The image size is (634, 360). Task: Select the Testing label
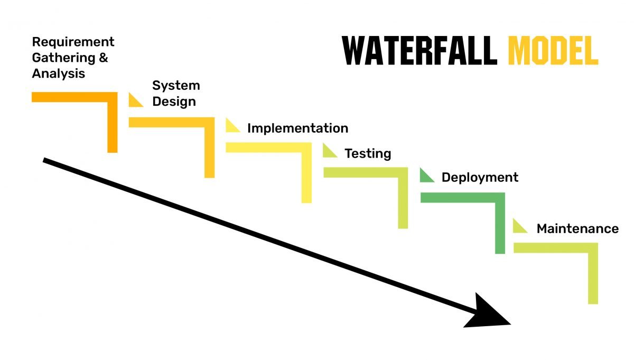click(x=368, y=154)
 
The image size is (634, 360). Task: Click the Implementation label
click(x=297, y=128)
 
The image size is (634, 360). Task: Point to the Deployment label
click(x=480, y=178)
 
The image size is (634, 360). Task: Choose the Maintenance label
click(x=577, y=229)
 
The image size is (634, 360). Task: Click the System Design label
click(x=176, y=94)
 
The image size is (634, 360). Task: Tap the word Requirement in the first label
click(x=73, y=42)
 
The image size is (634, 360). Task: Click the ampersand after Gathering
click(x=103, y=58)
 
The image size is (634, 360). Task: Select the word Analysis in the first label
click(x=58, y=73)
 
